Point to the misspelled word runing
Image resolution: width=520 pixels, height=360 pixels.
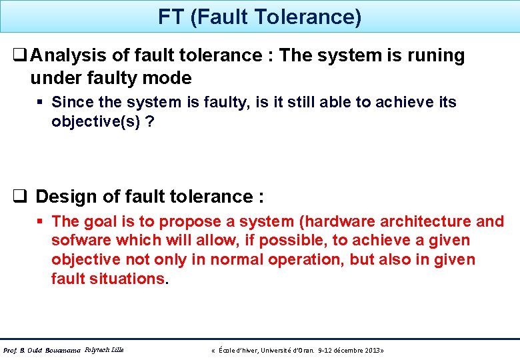click(433, 55)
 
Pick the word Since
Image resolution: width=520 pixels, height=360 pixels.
click(71, 102)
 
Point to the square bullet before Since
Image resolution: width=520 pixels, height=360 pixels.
click(41, 102)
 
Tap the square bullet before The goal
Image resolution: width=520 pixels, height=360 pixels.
click(41, 221)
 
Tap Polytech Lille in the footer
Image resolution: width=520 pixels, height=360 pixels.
click(105, 349)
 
